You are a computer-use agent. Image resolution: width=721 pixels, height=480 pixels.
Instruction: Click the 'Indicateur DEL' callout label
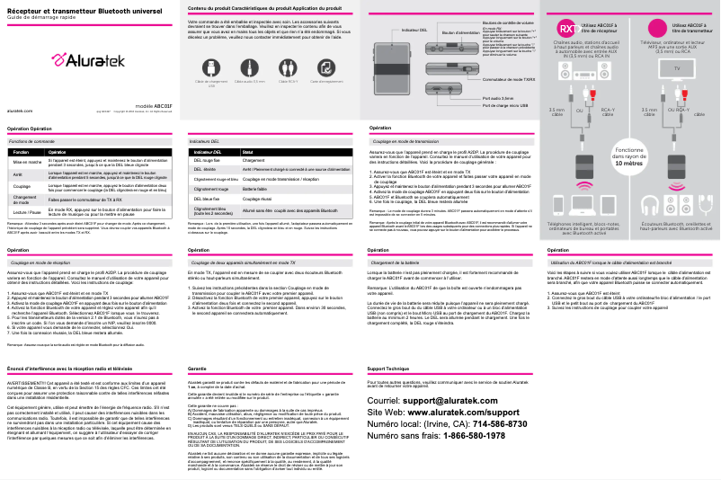click(x=414, y=31)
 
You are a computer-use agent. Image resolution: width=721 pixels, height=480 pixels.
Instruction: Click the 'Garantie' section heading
click(x=197, y=369)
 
